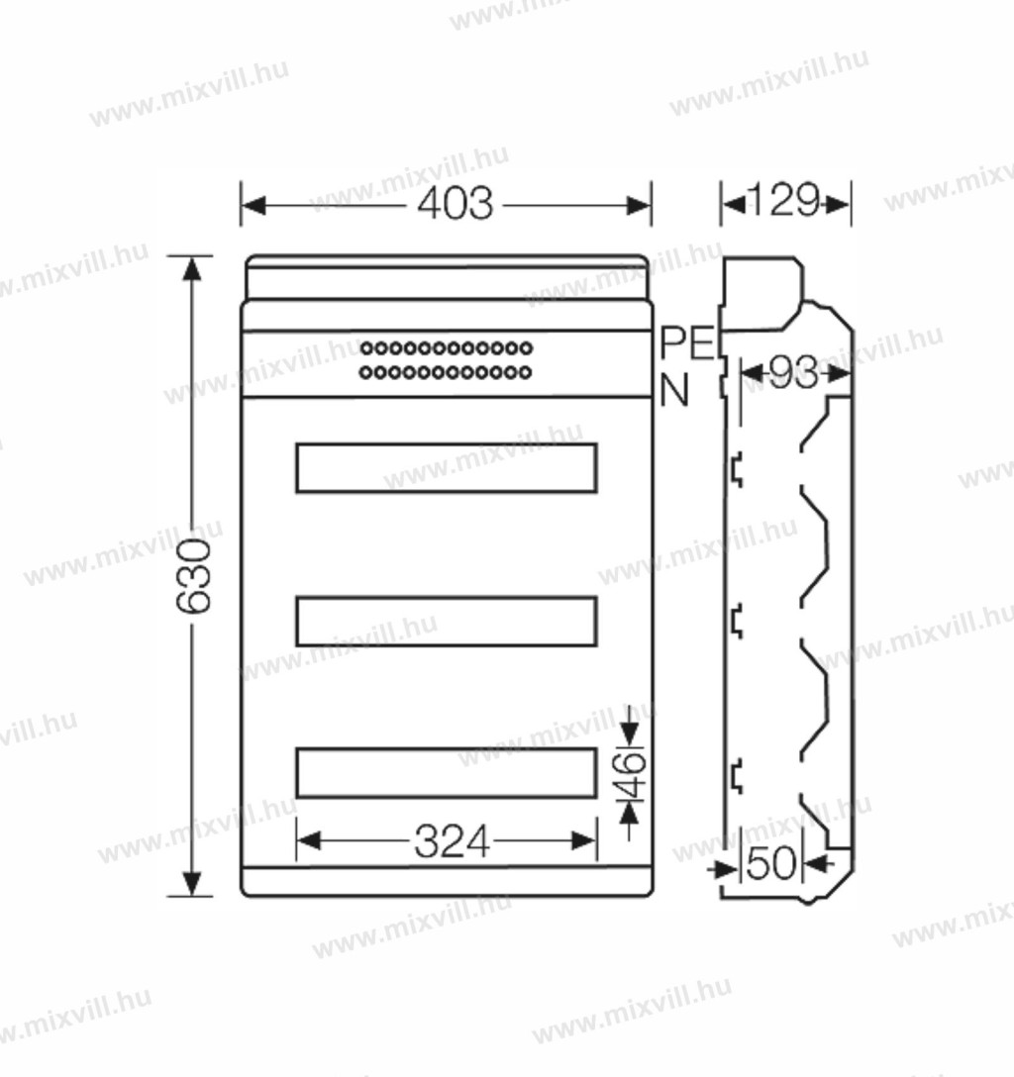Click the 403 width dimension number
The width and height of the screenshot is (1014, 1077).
point(456,204)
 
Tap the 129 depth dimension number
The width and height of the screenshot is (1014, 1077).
point(784,200)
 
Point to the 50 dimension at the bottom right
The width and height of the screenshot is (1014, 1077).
point(771,863)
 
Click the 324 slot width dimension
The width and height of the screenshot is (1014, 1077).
point(452,841)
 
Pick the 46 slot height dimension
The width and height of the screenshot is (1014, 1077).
point(632,773)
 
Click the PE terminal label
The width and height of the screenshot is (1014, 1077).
point(687,343)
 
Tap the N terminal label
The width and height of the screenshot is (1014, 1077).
point(674,391)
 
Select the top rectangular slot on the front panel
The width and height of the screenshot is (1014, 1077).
point(447,468)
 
